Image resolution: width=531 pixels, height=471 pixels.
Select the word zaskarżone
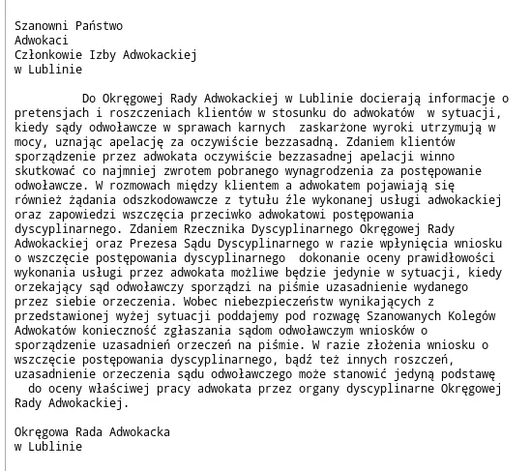(x=336, y=129)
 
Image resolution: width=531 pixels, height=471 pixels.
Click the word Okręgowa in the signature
(x=45, y=432)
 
